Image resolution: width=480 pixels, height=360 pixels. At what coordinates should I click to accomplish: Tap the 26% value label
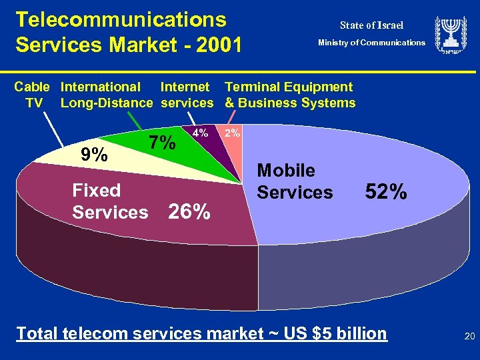pyautogui.click(x=189, y=212)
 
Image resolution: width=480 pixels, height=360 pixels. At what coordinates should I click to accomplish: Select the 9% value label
pyautogui.click(x=93, y=155)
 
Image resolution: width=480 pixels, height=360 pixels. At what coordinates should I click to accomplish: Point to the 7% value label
pyautogui.click(x=162, y=142)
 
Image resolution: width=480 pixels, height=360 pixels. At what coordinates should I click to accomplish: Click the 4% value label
pyautogui.click(x=200, y=133)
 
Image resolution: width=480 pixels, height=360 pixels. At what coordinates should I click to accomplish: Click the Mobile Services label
pyautogui.click(x=295, y=181)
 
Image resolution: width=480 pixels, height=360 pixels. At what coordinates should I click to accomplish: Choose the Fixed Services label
pyautogui.click(x=110, y=201)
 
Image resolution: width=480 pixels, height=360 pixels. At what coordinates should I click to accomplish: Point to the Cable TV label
pyautogui.click(x=32, y=95)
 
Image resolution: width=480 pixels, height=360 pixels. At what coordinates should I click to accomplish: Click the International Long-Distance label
pyautogui.click(x=107, y=95)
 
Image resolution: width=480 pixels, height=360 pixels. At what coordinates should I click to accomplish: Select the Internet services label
pyautogui.click(x=187, y=95)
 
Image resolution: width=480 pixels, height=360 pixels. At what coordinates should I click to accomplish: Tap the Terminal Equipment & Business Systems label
pyautogui.click(x=290, y=95)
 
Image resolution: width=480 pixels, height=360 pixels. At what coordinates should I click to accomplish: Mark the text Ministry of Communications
pyautogui.click(x=371, y=43)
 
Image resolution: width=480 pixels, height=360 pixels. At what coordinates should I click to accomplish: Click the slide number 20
pyautogui.click(x=469, y=337)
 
